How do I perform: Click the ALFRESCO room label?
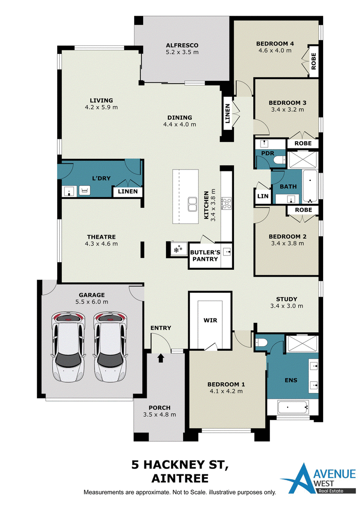coord(182,45)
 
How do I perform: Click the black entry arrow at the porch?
coord(161,358)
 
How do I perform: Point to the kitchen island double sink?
coord(192,204)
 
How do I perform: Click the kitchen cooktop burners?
coord(226,204)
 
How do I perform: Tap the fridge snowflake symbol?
coord(178,250)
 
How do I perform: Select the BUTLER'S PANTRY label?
coord(205,255)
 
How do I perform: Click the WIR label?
coord(210,321)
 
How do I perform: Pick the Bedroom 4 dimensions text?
coord(275,50)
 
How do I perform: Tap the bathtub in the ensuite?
coord(293,407)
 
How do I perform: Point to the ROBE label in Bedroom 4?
coord(314,61)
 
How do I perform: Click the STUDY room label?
coord(287,299)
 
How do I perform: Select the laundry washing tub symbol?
coord(85,191)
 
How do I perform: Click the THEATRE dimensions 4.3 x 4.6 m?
coord(101,244)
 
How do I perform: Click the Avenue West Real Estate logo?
coord(318,478)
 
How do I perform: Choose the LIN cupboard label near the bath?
coord(263,196)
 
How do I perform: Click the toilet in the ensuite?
coord(261,343)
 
